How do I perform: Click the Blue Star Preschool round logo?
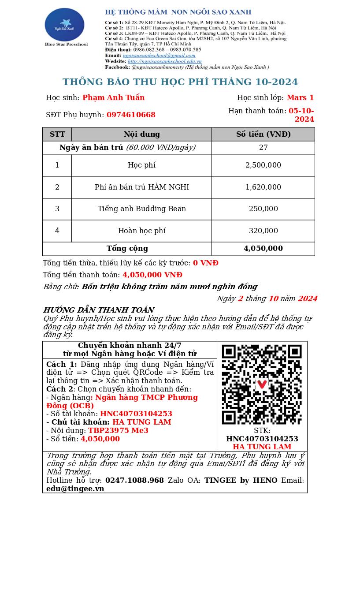click(64, 25)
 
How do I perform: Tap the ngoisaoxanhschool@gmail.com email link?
click(159, 56)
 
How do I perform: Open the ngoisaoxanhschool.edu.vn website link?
click(164, 61)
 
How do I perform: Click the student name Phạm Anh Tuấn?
click(113, 98)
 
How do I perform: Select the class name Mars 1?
click(300, 98)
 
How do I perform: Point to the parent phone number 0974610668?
click(131, 115)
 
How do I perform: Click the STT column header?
click(57, 134)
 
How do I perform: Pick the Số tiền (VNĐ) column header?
click(263, 134)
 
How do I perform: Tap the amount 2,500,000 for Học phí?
click(263, 165)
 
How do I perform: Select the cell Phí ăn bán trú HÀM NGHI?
click(141, 187)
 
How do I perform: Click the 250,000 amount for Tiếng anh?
click(263, 209)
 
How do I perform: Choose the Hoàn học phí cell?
click(141, 231)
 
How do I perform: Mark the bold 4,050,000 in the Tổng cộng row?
click(263, 249)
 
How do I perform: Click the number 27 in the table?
click(263, 148)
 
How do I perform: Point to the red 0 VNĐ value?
click(205, 263)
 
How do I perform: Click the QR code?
click(262, 384)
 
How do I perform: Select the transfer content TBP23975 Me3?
click(118, 431)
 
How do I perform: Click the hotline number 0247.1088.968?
click(134, 481)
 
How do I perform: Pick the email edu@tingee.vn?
click(75, 489)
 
